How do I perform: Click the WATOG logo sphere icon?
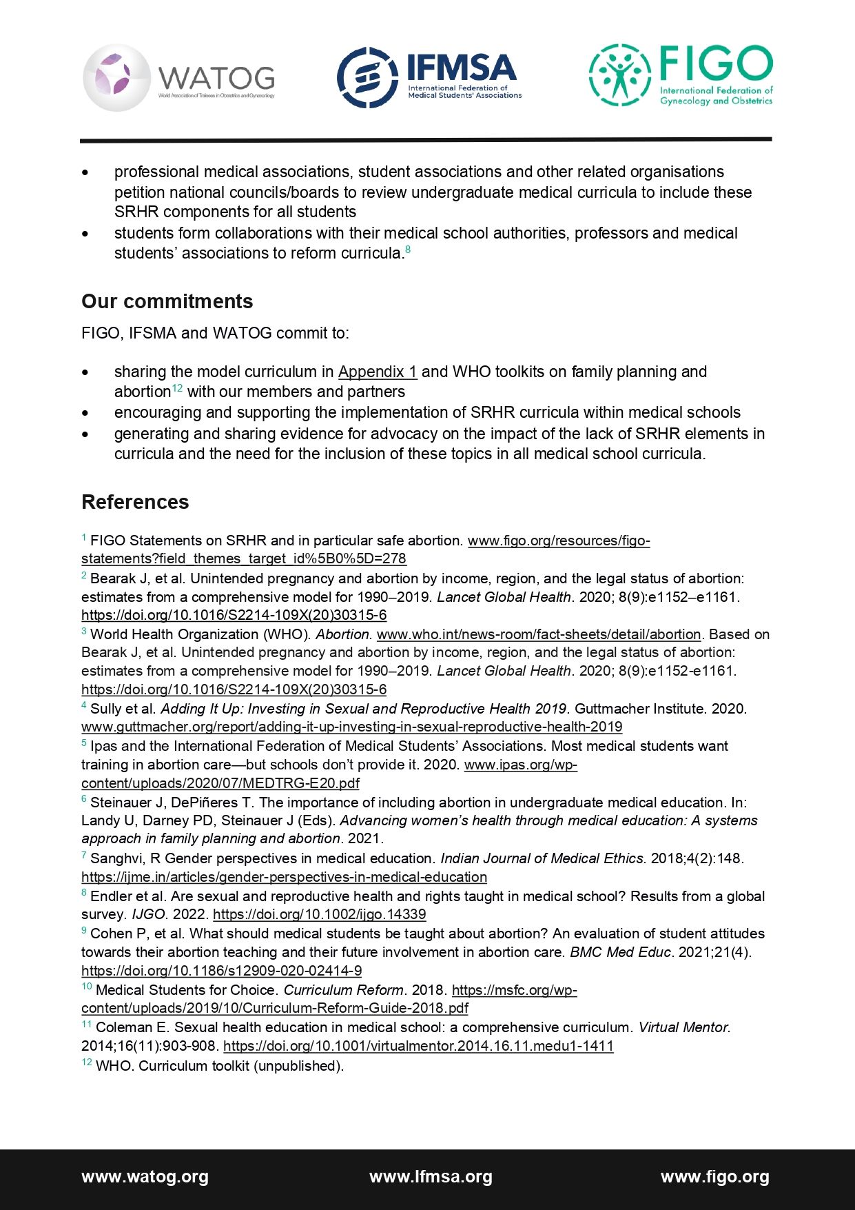(116, 78)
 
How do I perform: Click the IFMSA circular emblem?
(367, 77)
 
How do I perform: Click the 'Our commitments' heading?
(167, 301)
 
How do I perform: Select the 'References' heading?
(135, 502)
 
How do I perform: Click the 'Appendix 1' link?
(377, 372)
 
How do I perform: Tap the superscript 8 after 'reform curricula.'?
(408, 249)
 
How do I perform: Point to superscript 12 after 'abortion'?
(177, 388)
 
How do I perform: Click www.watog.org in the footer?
(145, 1177)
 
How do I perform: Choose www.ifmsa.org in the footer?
(431, 1177)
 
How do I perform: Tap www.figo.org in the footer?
(714, 1177)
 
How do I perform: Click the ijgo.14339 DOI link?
(319, 914)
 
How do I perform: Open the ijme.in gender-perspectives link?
(284, 877)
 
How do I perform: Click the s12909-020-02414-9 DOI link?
(221, 971)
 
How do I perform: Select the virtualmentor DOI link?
(418, 1046)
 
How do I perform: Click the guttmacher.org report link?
(351, 727)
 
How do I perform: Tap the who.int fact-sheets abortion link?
(538, 634)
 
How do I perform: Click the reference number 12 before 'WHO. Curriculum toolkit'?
(87, 1062)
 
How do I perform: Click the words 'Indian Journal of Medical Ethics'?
(542, 858)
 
